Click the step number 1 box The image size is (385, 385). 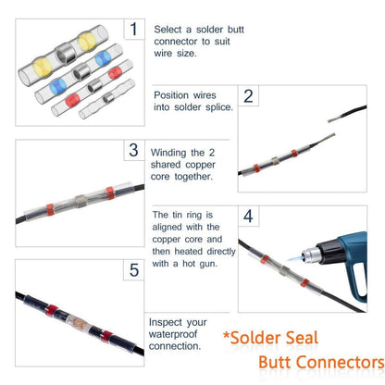tap(134, 29)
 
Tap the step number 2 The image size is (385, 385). tap(248, 96)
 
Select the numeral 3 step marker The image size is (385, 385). tap(134, 150)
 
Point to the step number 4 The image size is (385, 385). tap(248, 216)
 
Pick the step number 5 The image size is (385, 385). tap(134, 270)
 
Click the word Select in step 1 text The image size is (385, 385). tap(168, 30)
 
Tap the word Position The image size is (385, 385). tap(171, 95)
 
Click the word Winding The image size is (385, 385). tap(168, 153)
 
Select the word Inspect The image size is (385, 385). tap(165, 323)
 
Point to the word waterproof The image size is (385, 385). tap(173, 334)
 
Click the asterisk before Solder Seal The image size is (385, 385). tap(227, 335)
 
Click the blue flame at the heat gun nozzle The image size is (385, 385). tap(295, 257)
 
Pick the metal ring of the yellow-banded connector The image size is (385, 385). tap(65, 53)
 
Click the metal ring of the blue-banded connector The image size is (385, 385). tap(81, 71)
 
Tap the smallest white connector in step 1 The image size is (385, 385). tap(107, 99)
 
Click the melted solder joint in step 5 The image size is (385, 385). tap(77, 322)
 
